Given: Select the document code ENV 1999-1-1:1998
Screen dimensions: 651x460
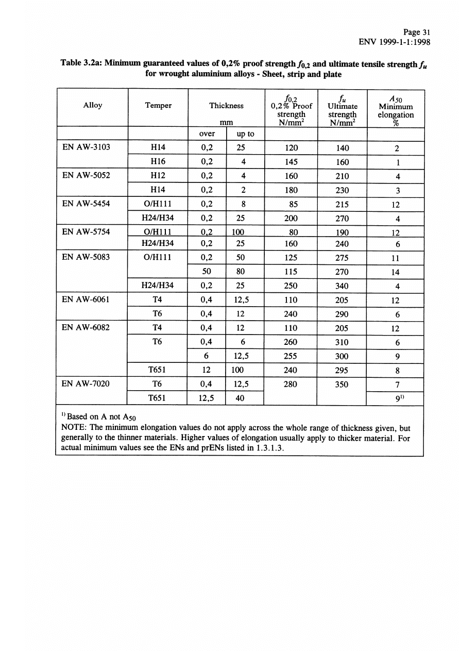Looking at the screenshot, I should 394,42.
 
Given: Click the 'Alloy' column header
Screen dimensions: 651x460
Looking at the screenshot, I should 93,105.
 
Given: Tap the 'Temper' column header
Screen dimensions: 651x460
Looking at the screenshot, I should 158,105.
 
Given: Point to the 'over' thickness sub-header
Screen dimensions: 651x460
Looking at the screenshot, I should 207,134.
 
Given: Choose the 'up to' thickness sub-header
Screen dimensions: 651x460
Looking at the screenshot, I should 245,134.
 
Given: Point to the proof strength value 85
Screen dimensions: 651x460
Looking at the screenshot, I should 292,205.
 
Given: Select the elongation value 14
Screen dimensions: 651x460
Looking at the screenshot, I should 395,272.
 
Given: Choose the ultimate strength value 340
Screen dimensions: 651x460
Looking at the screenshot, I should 342,286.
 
